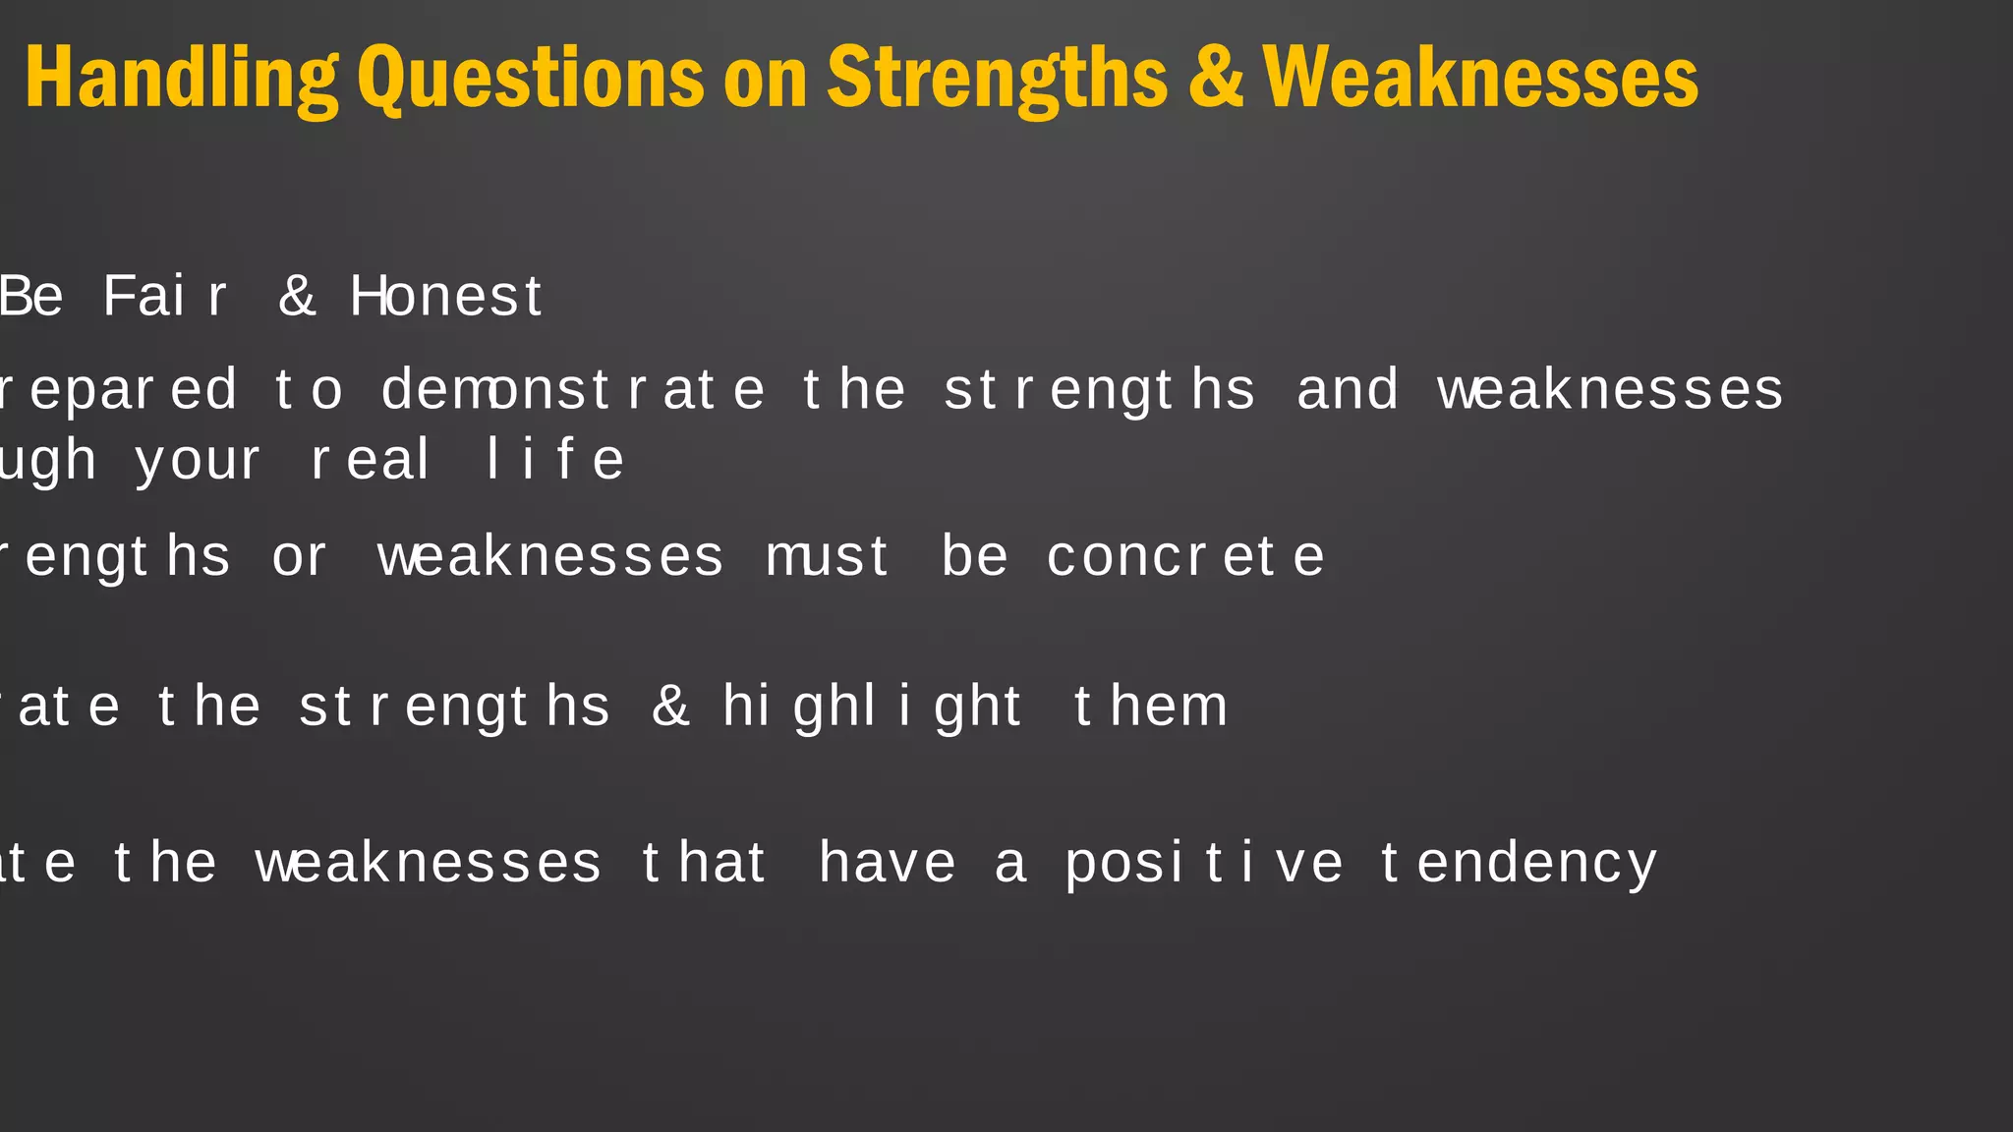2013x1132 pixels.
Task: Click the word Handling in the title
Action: click(x=181, y=79)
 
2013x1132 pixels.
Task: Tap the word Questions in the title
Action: click(x=530, y=79)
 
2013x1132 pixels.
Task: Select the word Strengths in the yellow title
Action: click(x=997, y=79)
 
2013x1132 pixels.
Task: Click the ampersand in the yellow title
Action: click(x=1215, y=79)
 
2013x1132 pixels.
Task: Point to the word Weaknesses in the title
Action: click(x=1480, y=79)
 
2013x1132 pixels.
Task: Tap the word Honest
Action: click(x=446, y=297)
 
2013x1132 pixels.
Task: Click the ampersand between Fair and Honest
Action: click(x=297, y=297)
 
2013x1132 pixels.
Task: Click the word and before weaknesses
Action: click(x=1347, y=390)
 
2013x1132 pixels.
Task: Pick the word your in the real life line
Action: click(x=198, y=462)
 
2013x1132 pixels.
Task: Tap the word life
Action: click(x=555, y=461)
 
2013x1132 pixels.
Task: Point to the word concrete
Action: click(x=1185, y=557)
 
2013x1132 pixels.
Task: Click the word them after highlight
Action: click(x=1150, y=707)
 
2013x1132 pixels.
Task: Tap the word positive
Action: click(x=1204, y=865)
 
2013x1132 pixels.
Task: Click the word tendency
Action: click(x=1519, y=865)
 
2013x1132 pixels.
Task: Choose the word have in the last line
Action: click(x=887, y=865)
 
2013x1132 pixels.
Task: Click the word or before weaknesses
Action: click(x=299, y=557)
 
